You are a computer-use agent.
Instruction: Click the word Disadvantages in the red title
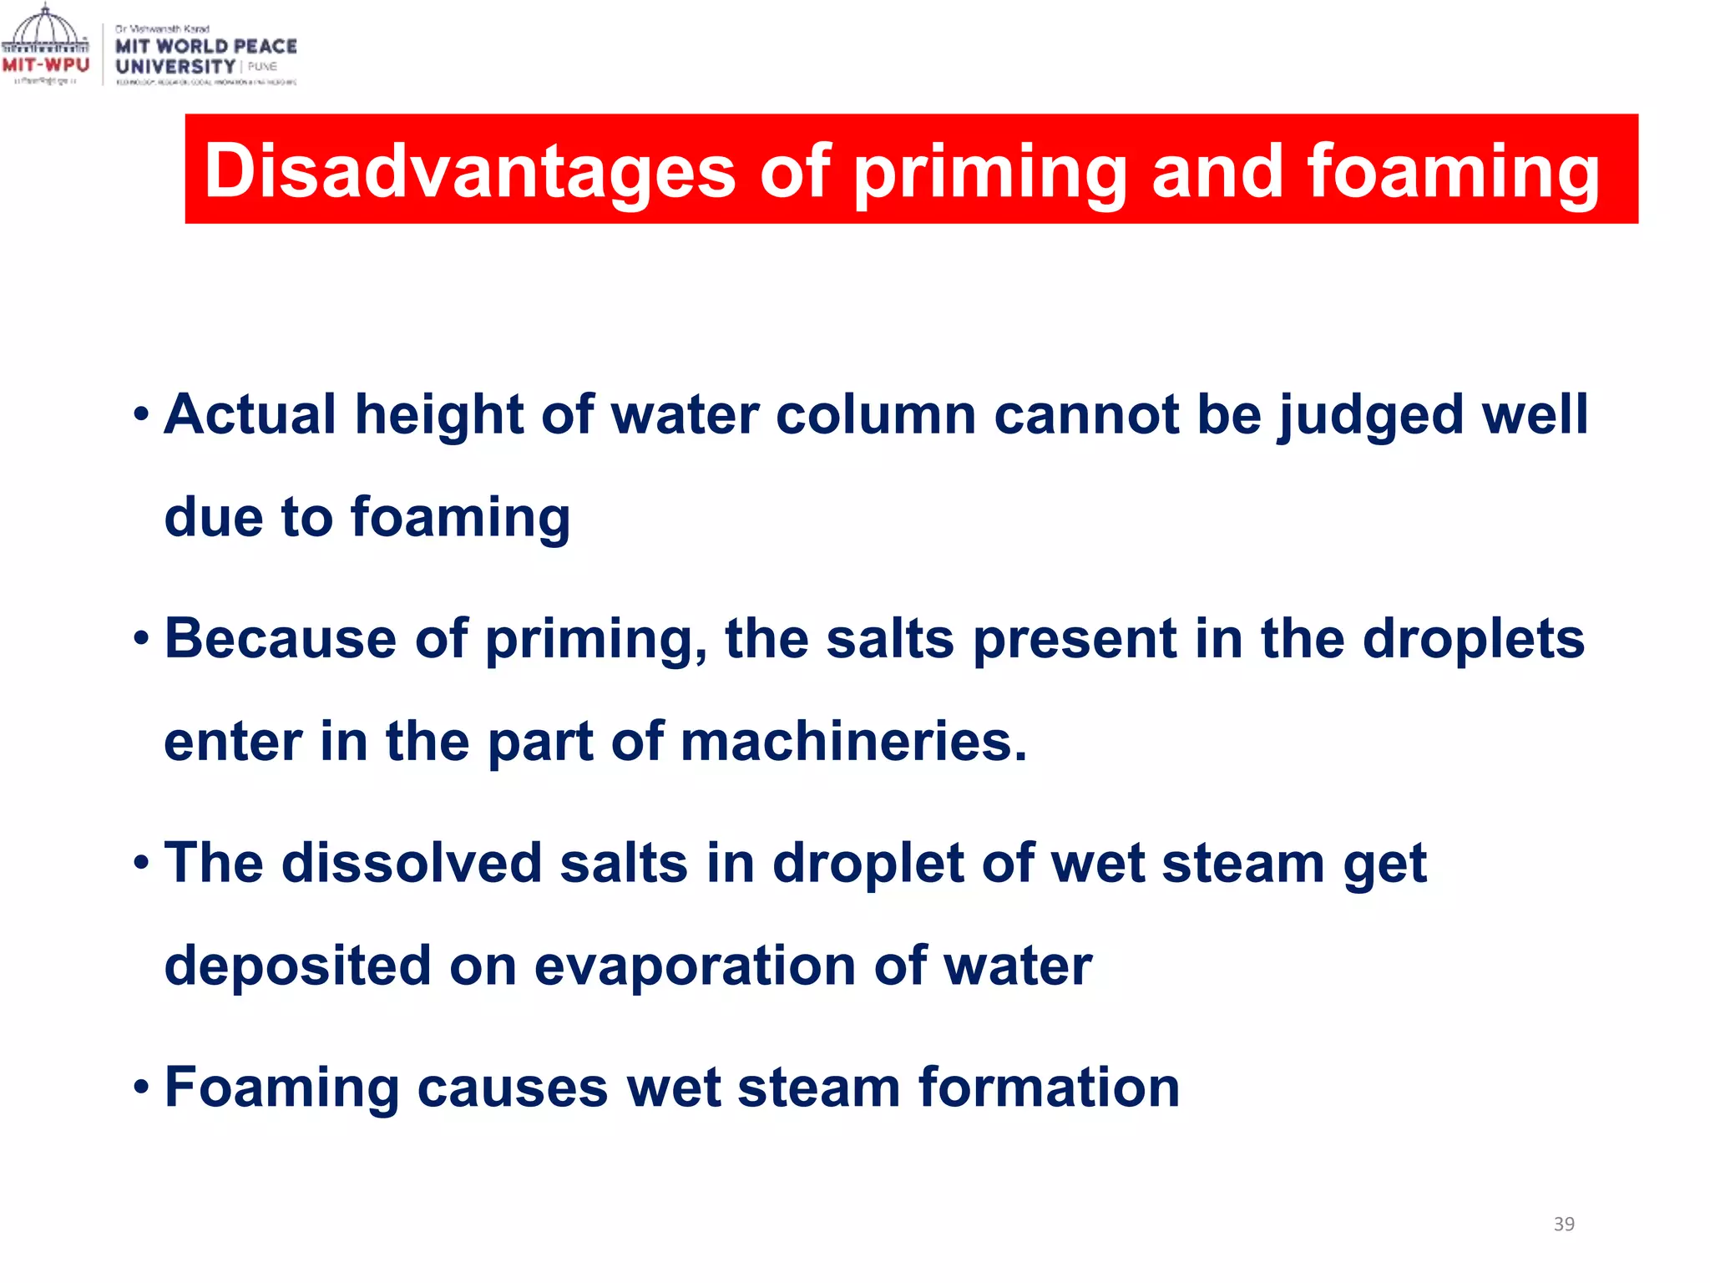[469, 171]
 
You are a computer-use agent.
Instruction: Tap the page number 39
[1564, 1224]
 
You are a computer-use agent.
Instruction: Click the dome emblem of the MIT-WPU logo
[45, 30]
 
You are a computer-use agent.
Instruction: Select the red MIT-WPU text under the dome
[45, 65]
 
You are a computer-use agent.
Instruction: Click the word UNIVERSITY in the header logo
[175, 67]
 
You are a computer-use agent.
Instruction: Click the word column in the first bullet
[874, 414]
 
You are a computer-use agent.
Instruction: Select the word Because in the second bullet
[280, 639]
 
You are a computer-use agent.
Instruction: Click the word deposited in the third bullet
[297, 966]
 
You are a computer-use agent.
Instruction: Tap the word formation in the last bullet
[1049, 1088]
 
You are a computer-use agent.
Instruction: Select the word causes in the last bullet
[512, 1088]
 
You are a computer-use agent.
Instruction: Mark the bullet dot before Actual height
[142, 414]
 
